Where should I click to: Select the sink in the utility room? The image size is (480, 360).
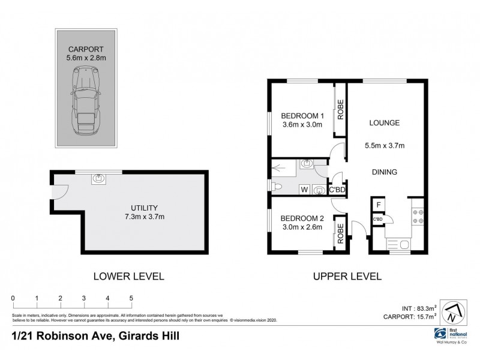(98, 178)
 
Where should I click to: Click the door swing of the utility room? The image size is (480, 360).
(59, 193)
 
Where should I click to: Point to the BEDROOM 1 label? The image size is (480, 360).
(303, 116)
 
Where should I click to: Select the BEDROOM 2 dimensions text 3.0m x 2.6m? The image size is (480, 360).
(303, 227)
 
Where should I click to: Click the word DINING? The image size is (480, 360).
(385, 172)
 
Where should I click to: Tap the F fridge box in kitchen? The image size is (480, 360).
(379, 205)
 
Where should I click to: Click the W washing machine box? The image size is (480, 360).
(304, 190)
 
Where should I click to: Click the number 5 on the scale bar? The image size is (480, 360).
(131, 298)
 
